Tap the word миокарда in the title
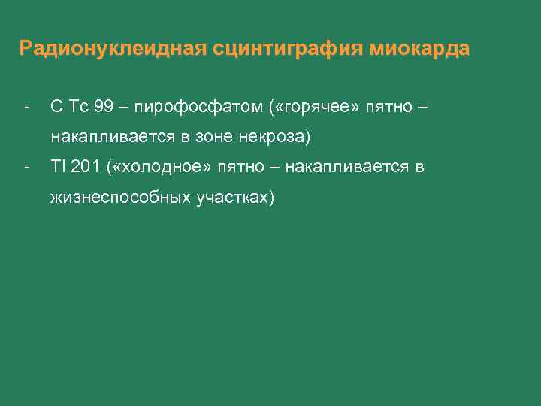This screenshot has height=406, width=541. [420, 49]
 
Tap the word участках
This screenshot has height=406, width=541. [236, 198]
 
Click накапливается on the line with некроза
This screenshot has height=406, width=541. [110, 138]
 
